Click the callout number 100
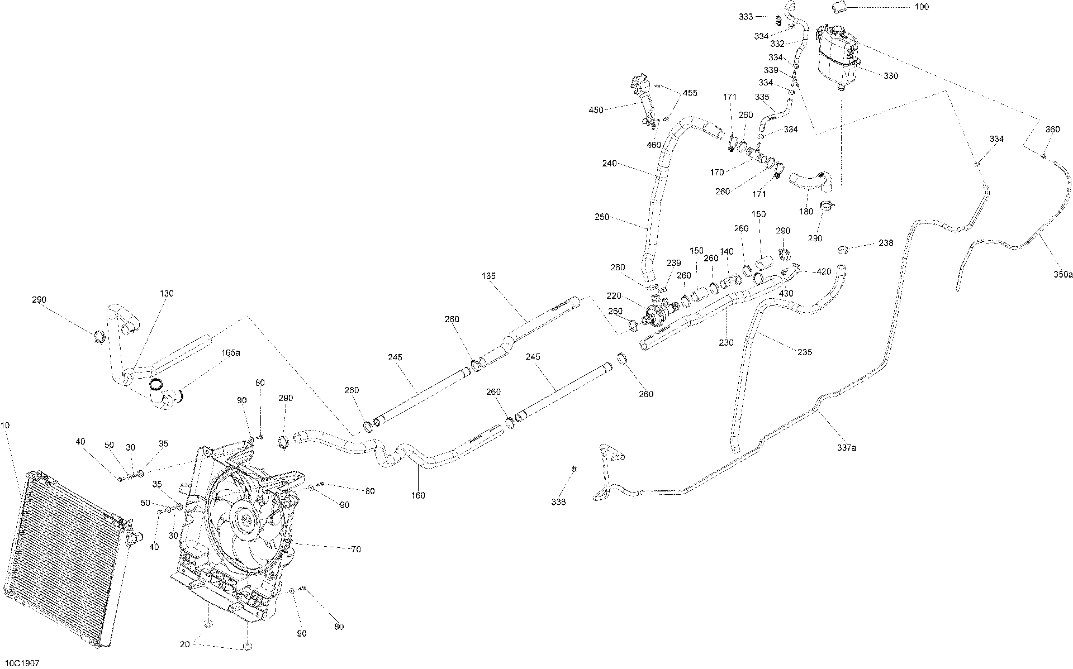922,7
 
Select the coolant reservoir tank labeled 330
838,55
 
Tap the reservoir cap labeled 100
838,7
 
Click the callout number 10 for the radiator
5,426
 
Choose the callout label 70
355,549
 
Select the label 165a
230,353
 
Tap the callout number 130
167,293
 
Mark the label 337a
846,448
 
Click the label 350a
1063,275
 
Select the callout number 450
596,110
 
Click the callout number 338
558,502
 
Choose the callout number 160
418,495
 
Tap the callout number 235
805,352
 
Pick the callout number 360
1052,130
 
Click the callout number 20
186,644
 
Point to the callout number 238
886,243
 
